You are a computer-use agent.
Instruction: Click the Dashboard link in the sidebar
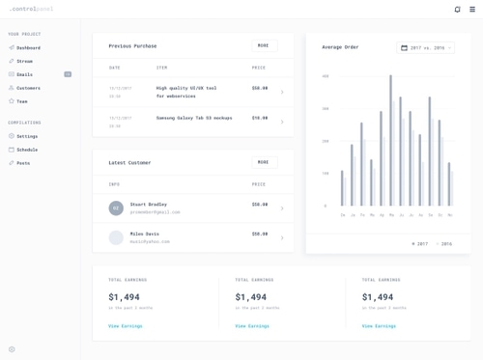coord(28,47)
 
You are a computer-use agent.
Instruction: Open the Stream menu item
coord(24,61)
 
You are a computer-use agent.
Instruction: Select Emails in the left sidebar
coord(24,74)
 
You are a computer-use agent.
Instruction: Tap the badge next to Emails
coord(68,74)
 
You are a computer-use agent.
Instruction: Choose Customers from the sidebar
coord(28,88)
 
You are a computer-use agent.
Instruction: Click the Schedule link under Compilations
coord(27,150)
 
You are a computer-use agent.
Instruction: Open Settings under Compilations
coord(27,136)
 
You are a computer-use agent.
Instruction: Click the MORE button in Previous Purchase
coord(264,45)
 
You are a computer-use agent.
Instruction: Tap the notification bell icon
coord(458,10)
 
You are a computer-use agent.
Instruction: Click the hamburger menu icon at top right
coord(472,10)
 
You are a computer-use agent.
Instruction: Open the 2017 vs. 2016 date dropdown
coord(425,47)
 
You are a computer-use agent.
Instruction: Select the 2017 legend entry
coord(420,243)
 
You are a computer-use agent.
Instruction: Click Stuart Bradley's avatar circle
coord(116,208)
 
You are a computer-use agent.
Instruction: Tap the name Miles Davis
coord(144,234)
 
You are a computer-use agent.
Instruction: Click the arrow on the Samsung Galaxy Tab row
coord(282,122)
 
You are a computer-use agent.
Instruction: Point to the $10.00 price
coord(260,118)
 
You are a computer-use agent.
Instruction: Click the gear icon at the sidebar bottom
coord(12,349)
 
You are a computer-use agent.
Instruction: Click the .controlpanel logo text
coord(32,10)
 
